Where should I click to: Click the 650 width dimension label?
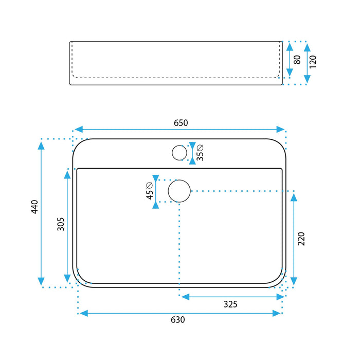[181, 123]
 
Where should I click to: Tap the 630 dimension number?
[178, 320]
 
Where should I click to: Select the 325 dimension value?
[230, 304]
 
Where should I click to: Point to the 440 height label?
[34, 207]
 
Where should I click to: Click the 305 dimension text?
[61, 224]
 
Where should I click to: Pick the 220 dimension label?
[301, 239]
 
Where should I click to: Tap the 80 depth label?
[297, 60]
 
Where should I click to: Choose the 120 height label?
[313, 62]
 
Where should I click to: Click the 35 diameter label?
[200, 153]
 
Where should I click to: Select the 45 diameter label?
[149, 191]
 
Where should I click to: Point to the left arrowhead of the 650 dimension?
[79, 129]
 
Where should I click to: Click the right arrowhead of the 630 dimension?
[277, 313]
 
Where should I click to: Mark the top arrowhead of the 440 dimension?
[41, 146]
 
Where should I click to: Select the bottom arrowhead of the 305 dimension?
[67, 278]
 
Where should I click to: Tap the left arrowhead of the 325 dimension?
[186, 297]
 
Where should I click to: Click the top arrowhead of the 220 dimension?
[294, 197]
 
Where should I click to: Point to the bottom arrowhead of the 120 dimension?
[307, 79]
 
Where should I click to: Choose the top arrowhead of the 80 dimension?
[290, 47]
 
